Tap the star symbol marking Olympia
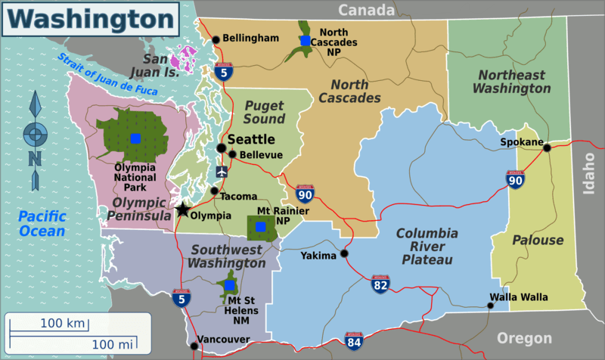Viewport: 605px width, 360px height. point(183,210)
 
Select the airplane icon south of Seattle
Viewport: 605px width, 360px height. point(221,172)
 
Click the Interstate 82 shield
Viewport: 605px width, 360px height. point(381,284)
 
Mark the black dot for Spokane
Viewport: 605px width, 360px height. point(547,147)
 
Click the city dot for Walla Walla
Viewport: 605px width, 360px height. point(490,306)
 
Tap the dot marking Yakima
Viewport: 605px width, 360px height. point(344,254)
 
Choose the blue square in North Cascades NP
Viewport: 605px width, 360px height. point(304,41)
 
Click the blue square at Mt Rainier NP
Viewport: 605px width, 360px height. point(261,226)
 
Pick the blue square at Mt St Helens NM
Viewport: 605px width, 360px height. point(230,286)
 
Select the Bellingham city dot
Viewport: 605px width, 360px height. point(216,39)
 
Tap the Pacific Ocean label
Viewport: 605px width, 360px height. point(42,224)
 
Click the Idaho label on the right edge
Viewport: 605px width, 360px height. point(591,173)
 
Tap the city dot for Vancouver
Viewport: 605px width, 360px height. point(194,346)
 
